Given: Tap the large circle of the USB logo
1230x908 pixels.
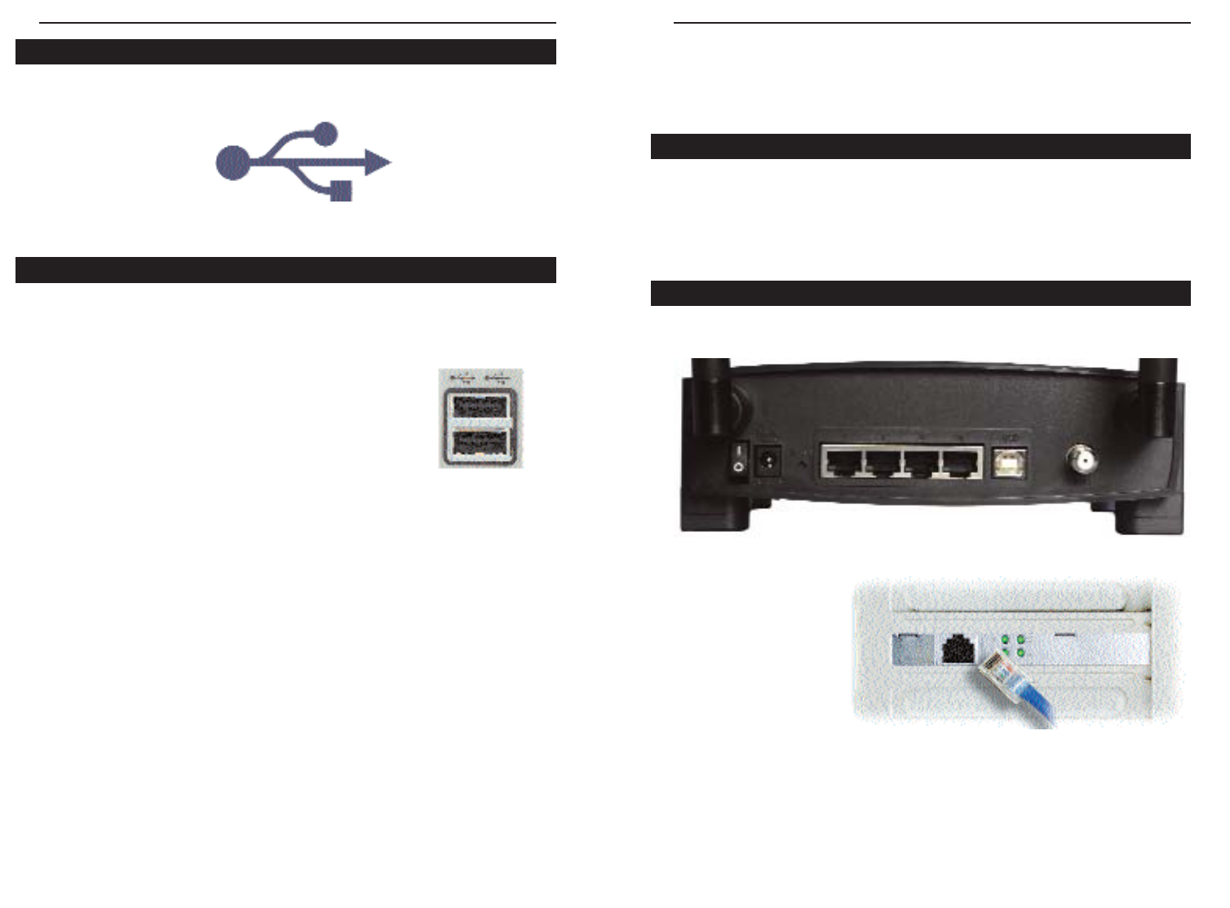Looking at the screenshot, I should tap(232, 162).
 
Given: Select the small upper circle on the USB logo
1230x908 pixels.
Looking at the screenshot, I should tap(325, 133).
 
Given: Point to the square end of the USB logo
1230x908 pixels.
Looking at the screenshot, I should tap(341, 191).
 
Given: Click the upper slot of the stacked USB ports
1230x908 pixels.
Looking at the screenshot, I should tap(480, 405).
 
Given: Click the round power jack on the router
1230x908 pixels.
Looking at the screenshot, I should tap(767, 463).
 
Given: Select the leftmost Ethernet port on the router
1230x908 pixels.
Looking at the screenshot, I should tap(841, 463).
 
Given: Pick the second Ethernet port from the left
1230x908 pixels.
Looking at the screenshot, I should tap(882, 463).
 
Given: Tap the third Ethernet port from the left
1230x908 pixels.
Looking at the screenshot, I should tap(922, 463).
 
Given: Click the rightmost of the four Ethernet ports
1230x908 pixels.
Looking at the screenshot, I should tap(962, 463).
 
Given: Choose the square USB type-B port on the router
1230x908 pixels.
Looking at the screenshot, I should tap(1010, 463).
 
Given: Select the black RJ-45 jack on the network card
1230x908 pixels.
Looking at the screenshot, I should tap(958, 649).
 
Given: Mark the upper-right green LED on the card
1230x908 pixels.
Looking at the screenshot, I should tap(1020, 638).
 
